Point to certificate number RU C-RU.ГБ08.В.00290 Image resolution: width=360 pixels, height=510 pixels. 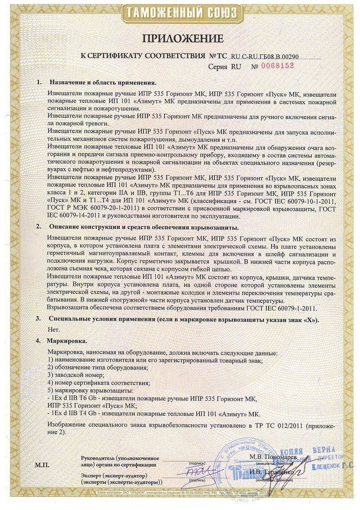click(261, 56)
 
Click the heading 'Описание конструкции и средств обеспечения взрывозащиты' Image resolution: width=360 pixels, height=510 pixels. click(144, 228)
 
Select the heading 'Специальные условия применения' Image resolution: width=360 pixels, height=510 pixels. click(184, 319)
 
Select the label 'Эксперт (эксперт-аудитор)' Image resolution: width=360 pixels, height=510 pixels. click(114, 475)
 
